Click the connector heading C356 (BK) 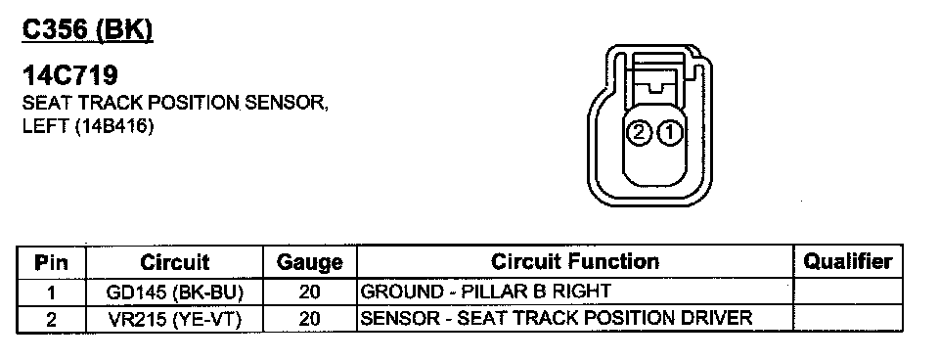(x=87, y=30)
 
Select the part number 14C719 (x=70, y=76)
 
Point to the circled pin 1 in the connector (x=669, y=133)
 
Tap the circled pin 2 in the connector (x=639, y=133)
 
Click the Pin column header (x=51, y=262)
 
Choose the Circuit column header (x=174, y=262)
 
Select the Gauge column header (x=310, y=263)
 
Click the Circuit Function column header (x=575, y=262)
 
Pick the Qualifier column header (x=847, y=261)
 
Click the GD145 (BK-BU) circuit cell (x=174, y=292)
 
